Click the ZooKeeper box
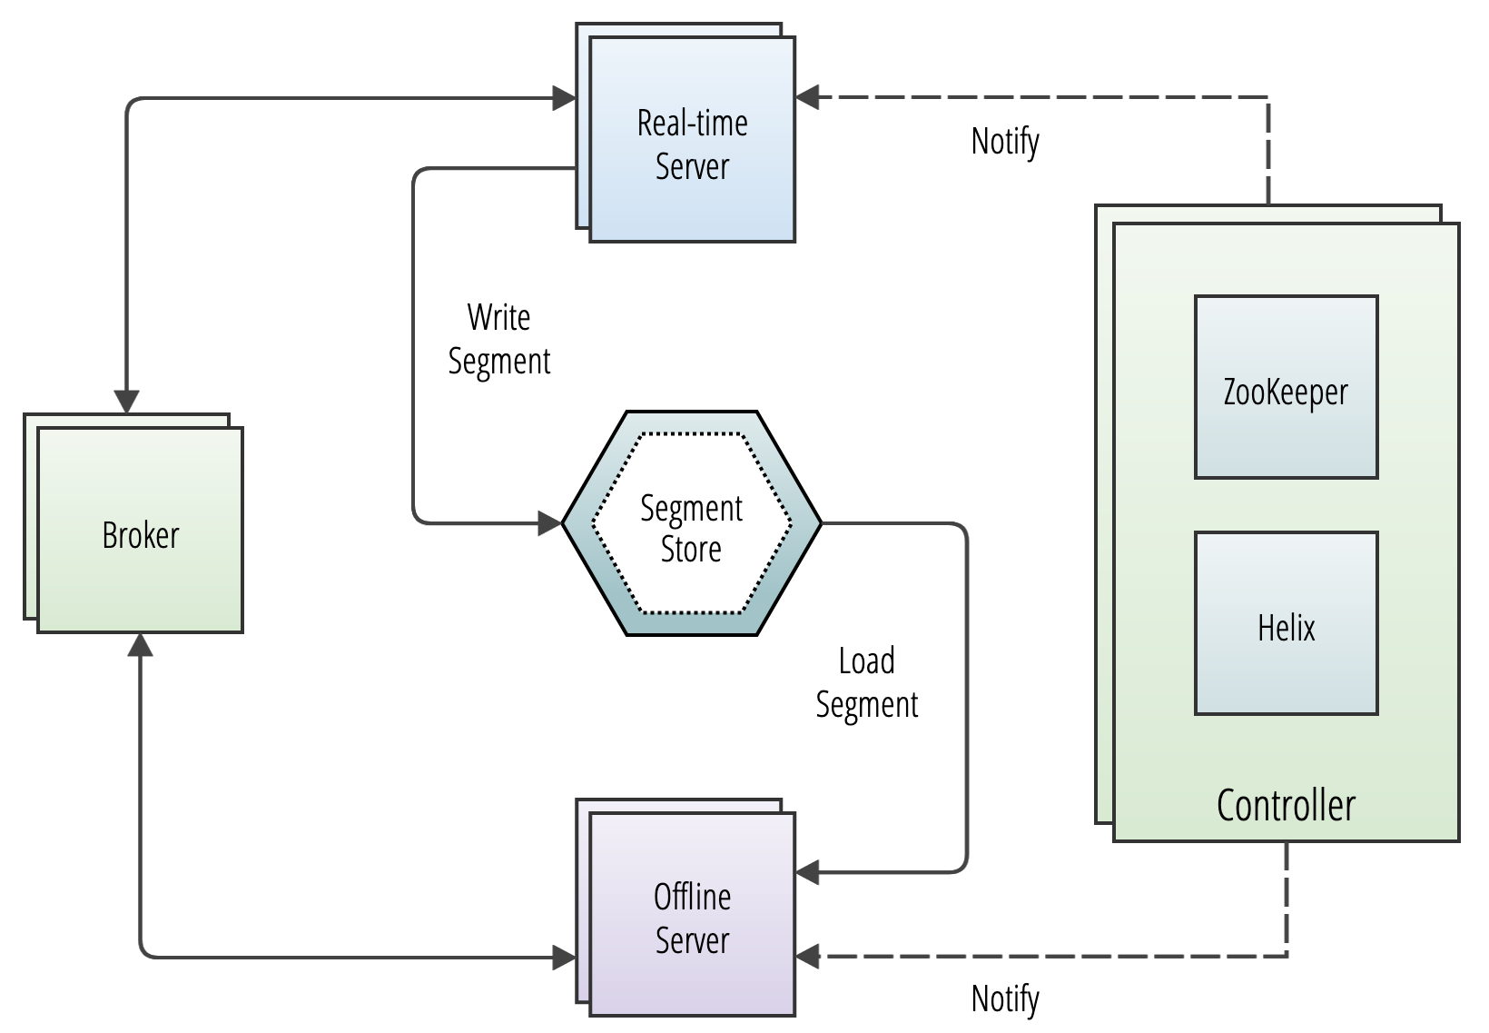point(1286,387)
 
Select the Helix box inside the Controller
point(1286,623)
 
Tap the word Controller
point(1286,805)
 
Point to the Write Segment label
point(499,339)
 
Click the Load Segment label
point(866,682)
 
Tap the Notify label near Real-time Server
point(1005,141)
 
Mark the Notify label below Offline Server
point(1005,998)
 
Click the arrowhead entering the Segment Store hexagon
point(550,523)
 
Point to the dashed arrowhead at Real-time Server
point(808,96)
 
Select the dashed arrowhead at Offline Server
point(808,956)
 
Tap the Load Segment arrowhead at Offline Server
point(808,873)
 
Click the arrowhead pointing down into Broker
point(126,402)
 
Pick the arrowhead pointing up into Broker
point(140,644)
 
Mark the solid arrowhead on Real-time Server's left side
point(564,97)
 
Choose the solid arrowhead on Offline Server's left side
point(564,957)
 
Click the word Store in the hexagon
point(691,550)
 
